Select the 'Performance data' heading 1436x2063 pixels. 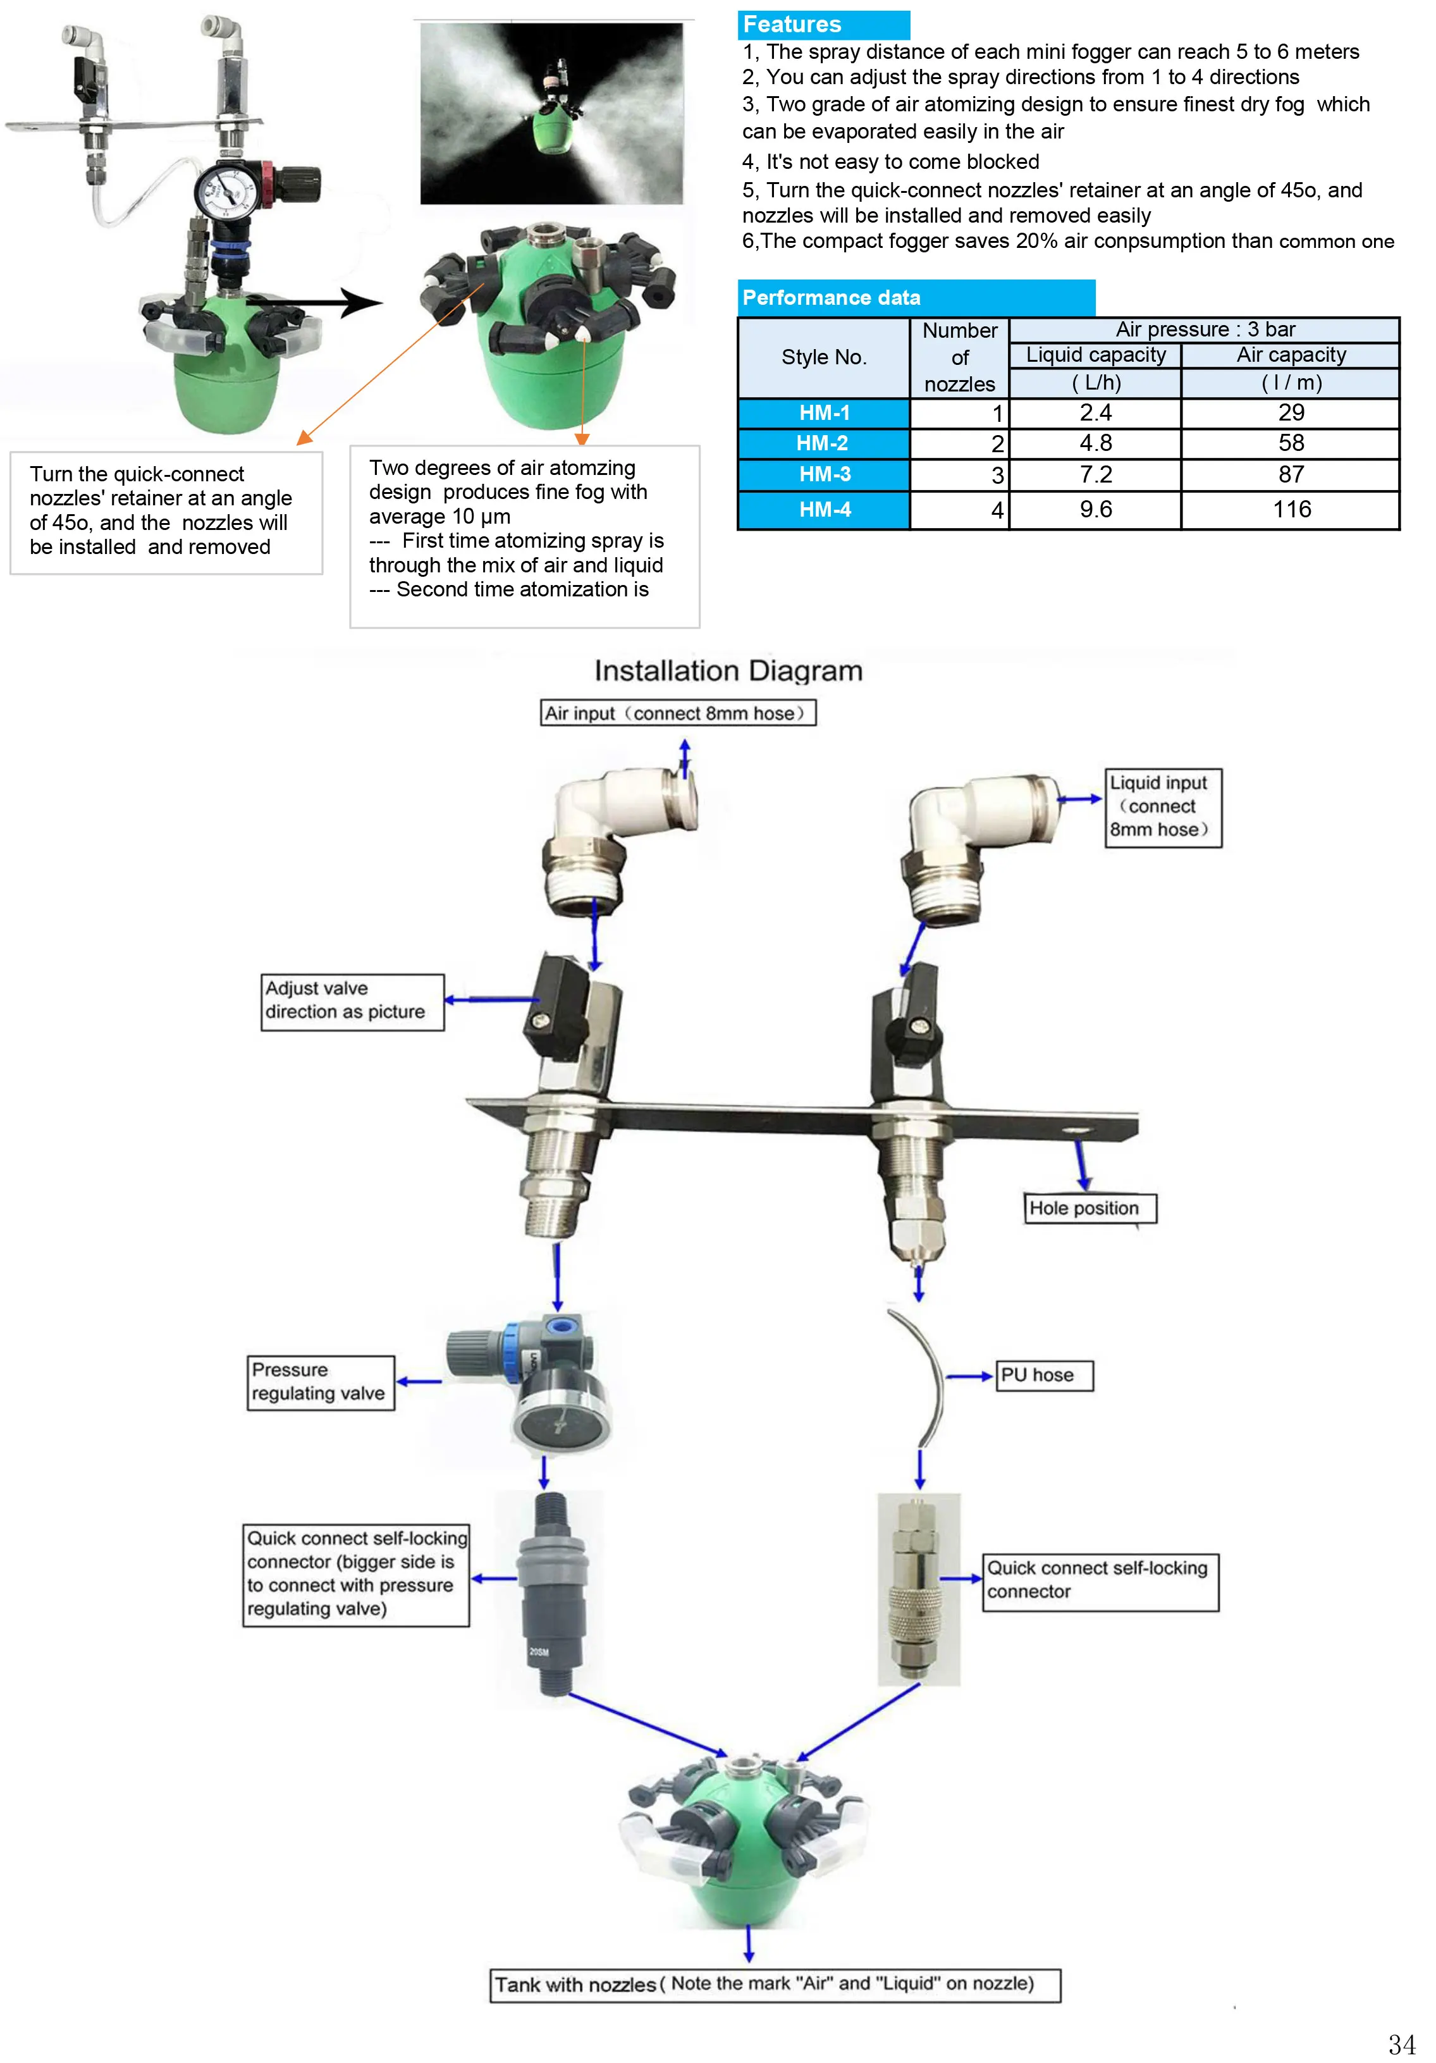coord(915,297)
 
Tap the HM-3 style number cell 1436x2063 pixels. coord(823,474)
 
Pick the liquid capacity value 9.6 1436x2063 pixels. coord(1095,510)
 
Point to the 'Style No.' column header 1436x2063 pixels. coord(823,357)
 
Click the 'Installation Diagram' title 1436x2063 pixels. coord(728,670)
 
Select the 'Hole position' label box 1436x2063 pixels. coord(1088,1207)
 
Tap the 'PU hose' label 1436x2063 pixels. coord(1044,1375)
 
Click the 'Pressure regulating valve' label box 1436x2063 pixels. coord(320,1382)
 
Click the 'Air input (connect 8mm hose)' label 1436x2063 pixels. coord(678,713)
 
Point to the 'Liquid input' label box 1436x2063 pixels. coord(1162,807)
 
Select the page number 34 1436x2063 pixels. coord(1400,2044)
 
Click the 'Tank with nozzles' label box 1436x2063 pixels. coord(774,1984)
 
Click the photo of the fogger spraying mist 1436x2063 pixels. coord(551,113)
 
